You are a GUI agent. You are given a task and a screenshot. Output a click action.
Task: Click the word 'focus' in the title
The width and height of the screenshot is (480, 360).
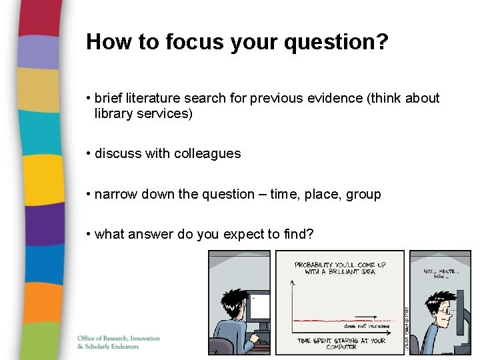(x=194, y=42)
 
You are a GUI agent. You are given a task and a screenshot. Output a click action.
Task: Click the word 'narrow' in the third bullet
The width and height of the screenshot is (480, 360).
(x=116, y=195)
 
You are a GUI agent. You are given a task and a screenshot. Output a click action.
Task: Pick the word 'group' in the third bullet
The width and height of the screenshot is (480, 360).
(x=363, y=195)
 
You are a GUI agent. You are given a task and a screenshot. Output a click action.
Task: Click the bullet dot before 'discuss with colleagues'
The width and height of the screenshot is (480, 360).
(x=89, y=153)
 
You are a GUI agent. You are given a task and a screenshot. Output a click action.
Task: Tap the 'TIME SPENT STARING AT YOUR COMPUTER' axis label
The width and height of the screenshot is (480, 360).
(x=341, y=343)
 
